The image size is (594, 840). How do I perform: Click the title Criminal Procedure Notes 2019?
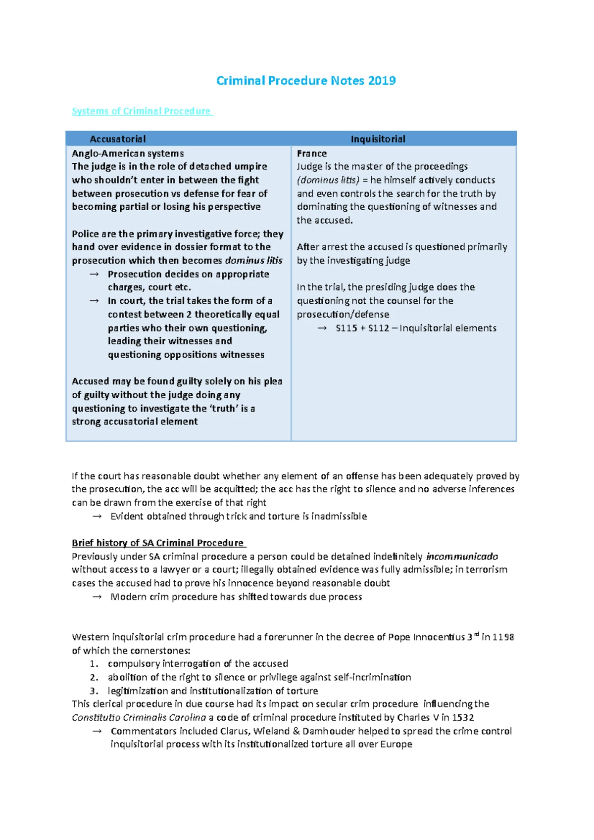[306, 81]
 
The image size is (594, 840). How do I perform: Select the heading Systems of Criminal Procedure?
[142, 111]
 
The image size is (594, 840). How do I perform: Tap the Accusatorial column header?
[118, 139]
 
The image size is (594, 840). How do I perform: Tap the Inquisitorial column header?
[378, 139]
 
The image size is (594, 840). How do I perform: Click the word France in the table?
[311, 153]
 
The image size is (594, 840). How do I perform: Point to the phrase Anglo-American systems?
[128, 153]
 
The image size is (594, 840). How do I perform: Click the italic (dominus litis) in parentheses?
[328, 180]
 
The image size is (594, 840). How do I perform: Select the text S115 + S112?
[362, 328]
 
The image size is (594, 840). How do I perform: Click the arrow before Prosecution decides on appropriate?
[94, 274]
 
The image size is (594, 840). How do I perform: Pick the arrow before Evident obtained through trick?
[97, 516]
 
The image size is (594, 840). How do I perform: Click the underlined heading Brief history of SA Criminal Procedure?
[158, 543]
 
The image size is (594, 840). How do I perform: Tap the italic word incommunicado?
[462, 557]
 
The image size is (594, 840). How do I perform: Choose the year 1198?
[503, 637]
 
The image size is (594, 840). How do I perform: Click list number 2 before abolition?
[94, 677]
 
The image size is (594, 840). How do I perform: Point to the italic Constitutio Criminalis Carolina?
[139, 717]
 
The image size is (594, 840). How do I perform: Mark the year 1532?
[463, 717]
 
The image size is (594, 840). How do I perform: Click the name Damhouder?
[329, 731]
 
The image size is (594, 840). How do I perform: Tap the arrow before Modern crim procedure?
[97, 597]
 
